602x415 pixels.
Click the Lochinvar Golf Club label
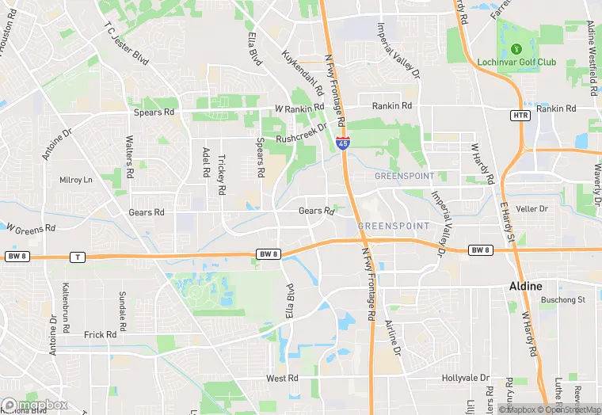[516, 62]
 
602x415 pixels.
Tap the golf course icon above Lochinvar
[516, 48]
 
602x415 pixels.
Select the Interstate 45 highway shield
[342, 143]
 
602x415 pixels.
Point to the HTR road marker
[520, 116]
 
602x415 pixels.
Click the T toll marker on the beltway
[77, 257]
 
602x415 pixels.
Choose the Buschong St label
[562, 300]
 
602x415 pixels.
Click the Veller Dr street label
[532, 209]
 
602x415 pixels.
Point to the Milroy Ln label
[76, 180]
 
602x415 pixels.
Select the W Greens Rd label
[31, 228]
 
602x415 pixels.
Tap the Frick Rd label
[100, 335]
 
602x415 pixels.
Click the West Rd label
[281, 379]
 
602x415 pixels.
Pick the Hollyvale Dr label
[466, 379]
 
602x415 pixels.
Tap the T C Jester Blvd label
[126, 44]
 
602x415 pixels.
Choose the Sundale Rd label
[123, 310]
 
